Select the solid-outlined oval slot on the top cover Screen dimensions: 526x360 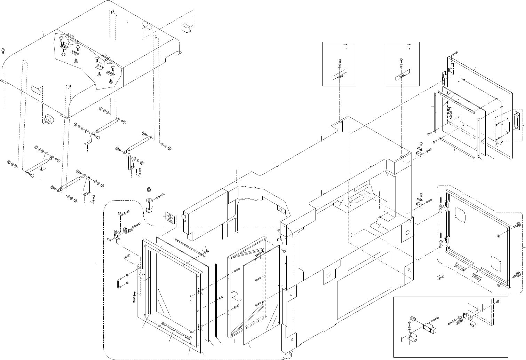(x=36, y=89)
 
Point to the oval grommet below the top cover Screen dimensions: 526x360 (x=47, y=118)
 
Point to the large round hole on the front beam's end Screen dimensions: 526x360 (x=183, y=217)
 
